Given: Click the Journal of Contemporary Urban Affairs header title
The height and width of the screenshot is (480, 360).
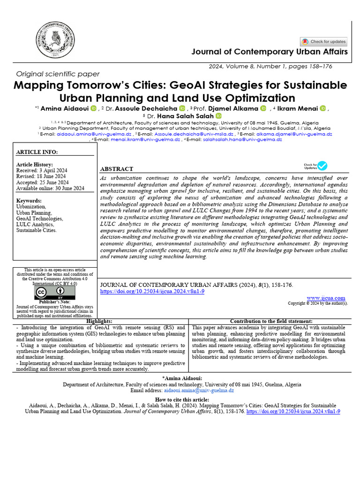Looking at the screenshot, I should tap(270, 52).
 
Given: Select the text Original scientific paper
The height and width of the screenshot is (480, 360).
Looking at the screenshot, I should tap(58, 74).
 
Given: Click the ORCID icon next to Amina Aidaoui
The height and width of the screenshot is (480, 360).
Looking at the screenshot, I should tap(93, 109).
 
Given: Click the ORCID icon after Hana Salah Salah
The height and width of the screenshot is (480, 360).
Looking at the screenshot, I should tap(218, 116).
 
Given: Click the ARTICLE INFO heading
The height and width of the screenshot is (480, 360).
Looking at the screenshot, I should tap(37, 152).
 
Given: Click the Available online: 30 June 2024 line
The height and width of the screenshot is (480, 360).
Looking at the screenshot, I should tap(50, 188).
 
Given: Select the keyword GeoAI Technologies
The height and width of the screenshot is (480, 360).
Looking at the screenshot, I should tap(40, 218).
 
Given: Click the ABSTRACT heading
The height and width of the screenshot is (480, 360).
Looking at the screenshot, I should tap(117, 169).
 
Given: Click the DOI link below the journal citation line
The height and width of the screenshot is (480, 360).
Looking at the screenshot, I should tap(153, 291).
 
